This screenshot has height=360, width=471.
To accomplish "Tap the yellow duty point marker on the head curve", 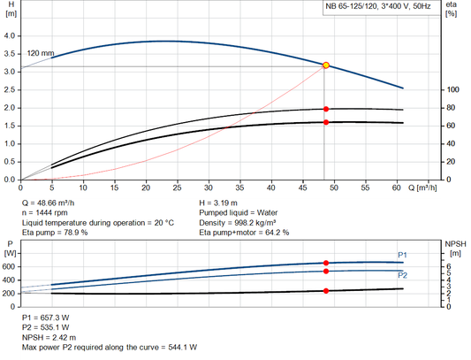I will click(x=326, y=65).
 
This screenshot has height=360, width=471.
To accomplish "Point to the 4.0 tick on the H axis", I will click(x=10, y=35).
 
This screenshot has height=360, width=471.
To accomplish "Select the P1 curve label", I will click(x=402, y=256).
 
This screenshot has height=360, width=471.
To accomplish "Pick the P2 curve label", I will click(x=402, y=275).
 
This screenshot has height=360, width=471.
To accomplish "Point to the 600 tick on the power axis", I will click(x=10, y=265).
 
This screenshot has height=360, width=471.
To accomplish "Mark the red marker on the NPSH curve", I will click(x=326, y=291).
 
